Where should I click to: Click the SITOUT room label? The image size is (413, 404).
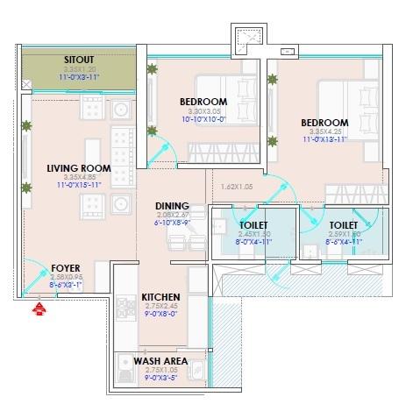pyautogui.click(x=78, y=59)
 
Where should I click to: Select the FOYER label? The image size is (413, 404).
pyautogui.click(x=66, y=267)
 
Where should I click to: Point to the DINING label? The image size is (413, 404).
pyautogui.click(x=172, y=207)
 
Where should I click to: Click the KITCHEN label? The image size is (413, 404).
pyautogui.click(x=160, y=298)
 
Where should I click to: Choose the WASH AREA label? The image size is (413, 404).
pyautogui.click(x=158, y=360)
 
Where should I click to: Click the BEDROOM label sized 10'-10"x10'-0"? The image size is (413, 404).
pyautogui.click(x=203, y=102)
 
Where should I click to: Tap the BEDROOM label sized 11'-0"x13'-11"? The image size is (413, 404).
pyautogui.click(x=324, y=123)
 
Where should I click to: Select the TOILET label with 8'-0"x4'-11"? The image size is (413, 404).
pyautogui.click(x=253, y=225)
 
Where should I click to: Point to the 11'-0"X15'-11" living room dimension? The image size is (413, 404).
pyautogui.click(x=79, y=184)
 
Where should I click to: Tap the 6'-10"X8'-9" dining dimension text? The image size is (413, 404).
pyautogui.click(x=172, y=223)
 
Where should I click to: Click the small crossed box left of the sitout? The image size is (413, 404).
pyautogui.click(x=25, y=85)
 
